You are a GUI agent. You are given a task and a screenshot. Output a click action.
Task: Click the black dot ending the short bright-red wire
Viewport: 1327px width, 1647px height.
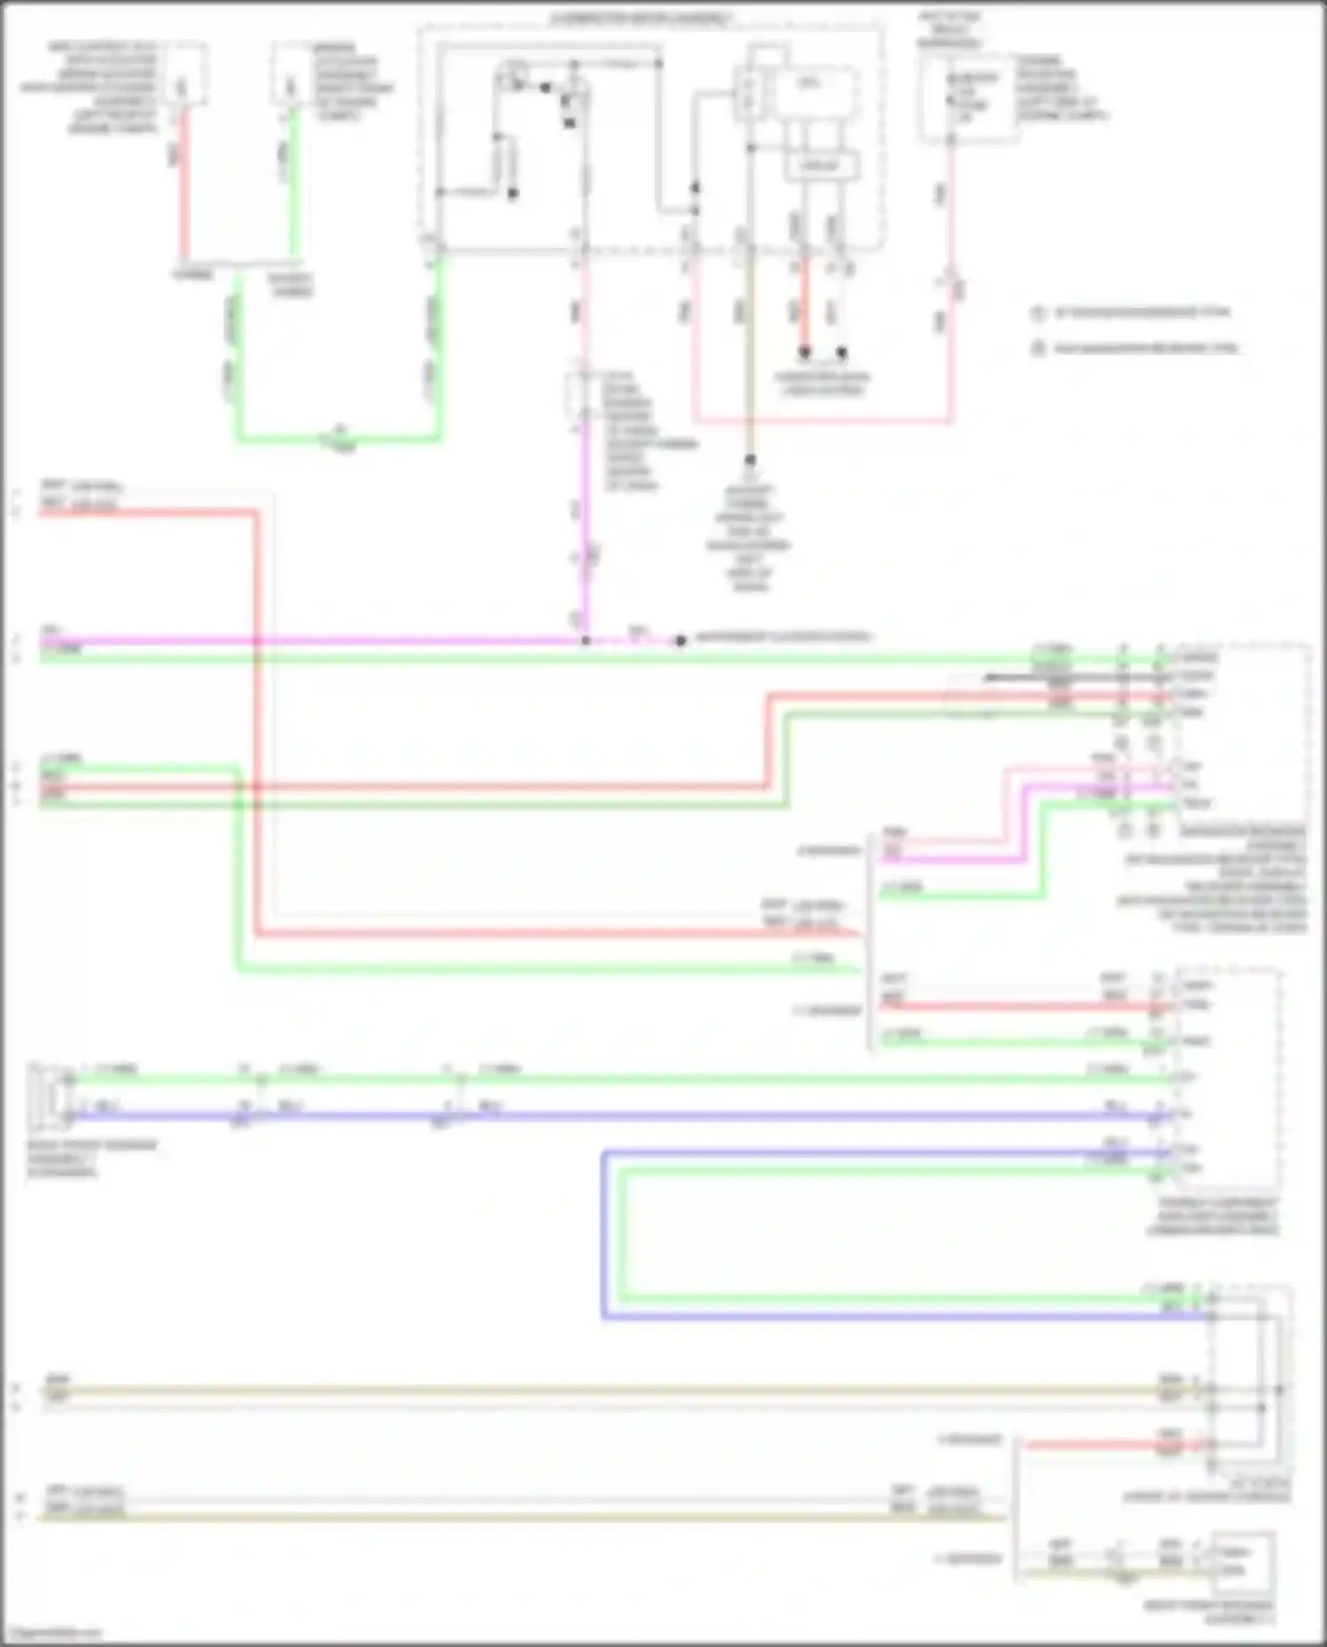(804, 352)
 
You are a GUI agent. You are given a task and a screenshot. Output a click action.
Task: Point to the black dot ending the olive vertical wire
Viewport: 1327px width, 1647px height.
(750, 460)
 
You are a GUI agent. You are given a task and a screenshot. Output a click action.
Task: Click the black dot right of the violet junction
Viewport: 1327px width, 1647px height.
(679, 641)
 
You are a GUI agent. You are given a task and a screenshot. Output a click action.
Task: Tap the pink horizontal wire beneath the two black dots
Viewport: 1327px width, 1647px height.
(823, 420)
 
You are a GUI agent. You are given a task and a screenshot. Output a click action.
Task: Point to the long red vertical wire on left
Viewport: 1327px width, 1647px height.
(257, 708)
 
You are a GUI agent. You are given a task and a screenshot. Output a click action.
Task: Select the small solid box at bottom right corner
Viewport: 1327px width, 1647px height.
(1243, 1562)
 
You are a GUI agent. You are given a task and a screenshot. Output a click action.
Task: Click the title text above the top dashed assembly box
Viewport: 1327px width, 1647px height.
(641, 19)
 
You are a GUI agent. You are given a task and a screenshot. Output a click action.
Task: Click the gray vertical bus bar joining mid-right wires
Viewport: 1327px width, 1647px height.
(870, 938)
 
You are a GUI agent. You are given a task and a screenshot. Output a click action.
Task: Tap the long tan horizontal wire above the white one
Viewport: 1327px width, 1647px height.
(602, 1390)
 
